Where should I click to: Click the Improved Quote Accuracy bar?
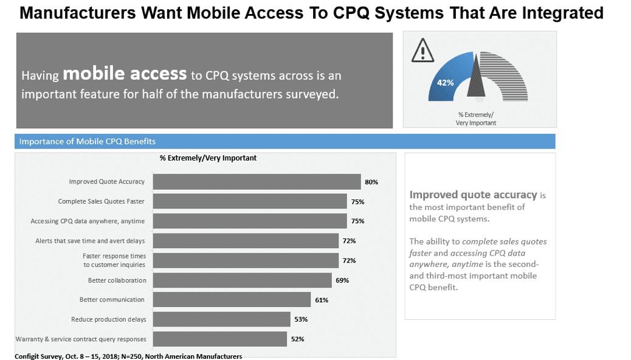point(257,182)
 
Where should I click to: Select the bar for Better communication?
point(232,300)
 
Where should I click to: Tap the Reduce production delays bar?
point(221,319)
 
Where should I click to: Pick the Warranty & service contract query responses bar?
point(219,339)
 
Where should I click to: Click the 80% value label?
point(371,182)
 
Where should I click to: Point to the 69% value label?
point(342,280)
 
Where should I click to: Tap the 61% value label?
point(322,300)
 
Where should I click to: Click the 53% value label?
point(301,319)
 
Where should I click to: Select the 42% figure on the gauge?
point(445,83)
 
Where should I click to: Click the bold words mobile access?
point(124,74)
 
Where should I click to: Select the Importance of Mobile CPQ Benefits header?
point(88,142)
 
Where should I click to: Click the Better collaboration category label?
point(117,280)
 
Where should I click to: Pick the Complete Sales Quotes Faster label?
point(102,201)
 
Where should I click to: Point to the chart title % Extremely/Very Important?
point(208,158)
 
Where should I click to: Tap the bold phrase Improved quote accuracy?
point(473,195)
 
